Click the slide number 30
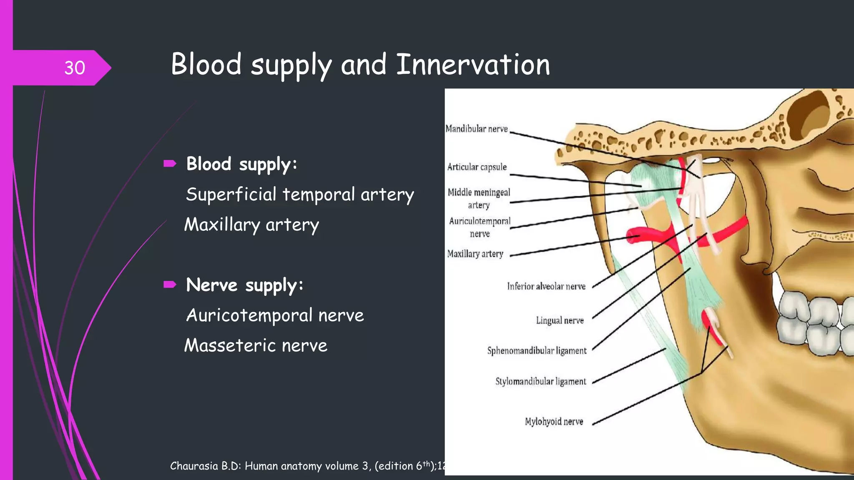click(x=75, y=68)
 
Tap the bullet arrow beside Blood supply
click(x=170, y=163)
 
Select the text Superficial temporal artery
click(x=300, y=195)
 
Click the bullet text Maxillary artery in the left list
click(x=251, y=225)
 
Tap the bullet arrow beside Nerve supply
click(x=170, y=285)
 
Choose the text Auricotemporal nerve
click(x=275, y=315)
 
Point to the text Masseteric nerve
click(x=256, y=346)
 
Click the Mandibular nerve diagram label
click(x=477, y=129)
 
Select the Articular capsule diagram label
click(x=477, y=167)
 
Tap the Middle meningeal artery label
click(x=479, y=198)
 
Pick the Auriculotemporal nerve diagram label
click(x=480, y=227)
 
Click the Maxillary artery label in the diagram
click(x=475, y=254)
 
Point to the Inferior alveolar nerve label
click(x=546, y=286)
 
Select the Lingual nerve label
click(x=560, y=320)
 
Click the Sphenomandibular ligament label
click(x=537, y=351)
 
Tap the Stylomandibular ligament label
click(x=540, y=382)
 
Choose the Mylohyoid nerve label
click(x=554, y=422)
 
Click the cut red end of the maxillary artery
click(x=632, y=237)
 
